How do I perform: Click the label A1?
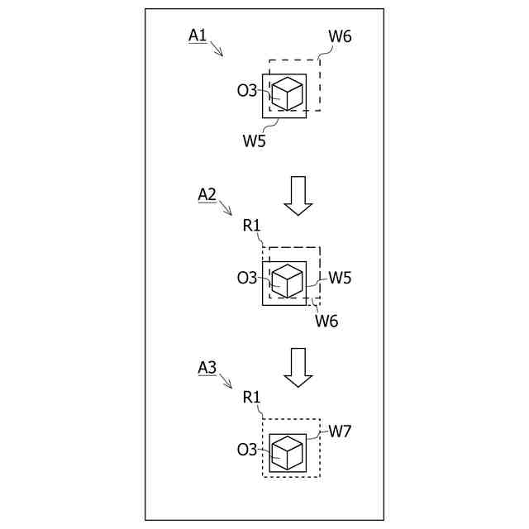pyautogui.click(x=198, y=35)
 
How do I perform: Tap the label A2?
pyautogui.click(x=207, y=194)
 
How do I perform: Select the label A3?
pyautogui.click(x=207, y=366)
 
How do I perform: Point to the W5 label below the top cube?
pyautogui.click(x=254, y=141)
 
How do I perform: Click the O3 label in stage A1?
pyautogui.click(x=247, y=91)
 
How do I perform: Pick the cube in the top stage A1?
pyautogui.click(x=287, y=93)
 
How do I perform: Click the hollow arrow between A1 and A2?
pyautogui.click(x=298, y=196)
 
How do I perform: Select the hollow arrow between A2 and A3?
pyautogui.click(x=298, y=367)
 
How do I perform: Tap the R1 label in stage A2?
pyautogui.click(x=252, y=225)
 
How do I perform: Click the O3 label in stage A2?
pyautogui.click(x=247, y=278)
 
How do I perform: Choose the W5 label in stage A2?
pyautogui.click(x=340, y=278)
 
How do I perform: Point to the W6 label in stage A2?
pyautogui.click(x=326, y=321)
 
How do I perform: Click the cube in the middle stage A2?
pyautogui.click(x=287, y=280)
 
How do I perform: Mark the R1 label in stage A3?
pyautogui.click(x=252, y=397)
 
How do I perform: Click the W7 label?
pyautogui.click(x=340, y=431)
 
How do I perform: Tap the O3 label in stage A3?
pyautogui.click(x=247, y=450)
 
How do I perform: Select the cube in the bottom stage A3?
pyautogui.click(x=287, y=452)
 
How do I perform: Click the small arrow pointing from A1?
pyautogui.click(x=217, y=49)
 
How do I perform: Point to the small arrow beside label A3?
pyautogui.click(x=226, y=382)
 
